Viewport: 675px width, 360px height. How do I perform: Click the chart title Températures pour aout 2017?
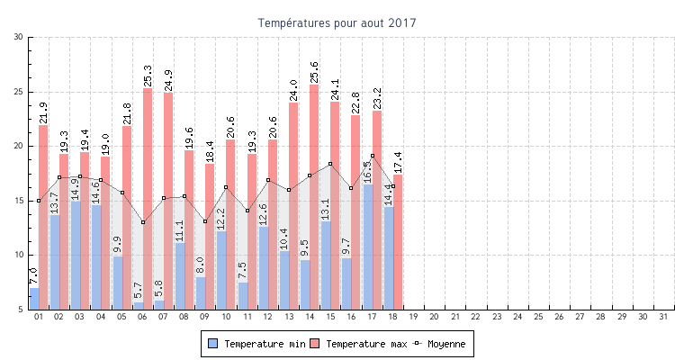point(337,22)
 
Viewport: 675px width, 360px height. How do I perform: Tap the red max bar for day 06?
point(148,198)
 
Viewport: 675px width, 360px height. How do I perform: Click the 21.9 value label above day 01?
point(43,112)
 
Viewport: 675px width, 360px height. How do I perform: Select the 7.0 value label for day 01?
point(33,276)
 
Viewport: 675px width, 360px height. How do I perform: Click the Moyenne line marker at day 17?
point(373,156)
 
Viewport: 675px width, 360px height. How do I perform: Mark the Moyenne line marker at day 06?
point(143,222)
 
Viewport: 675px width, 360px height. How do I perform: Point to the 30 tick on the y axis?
point(19,37)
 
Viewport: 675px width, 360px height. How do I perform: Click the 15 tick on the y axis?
point(19,201)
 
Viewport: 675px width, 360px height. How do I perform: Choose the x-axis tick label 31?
point(664,317)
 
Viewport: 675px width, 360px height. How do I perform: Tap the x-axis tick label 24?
point(518,317)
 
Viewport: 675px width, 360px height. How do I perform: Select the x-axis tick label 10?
point(226,317)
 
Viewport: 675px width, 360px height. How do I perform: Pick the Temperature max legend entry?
point(357,344)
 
